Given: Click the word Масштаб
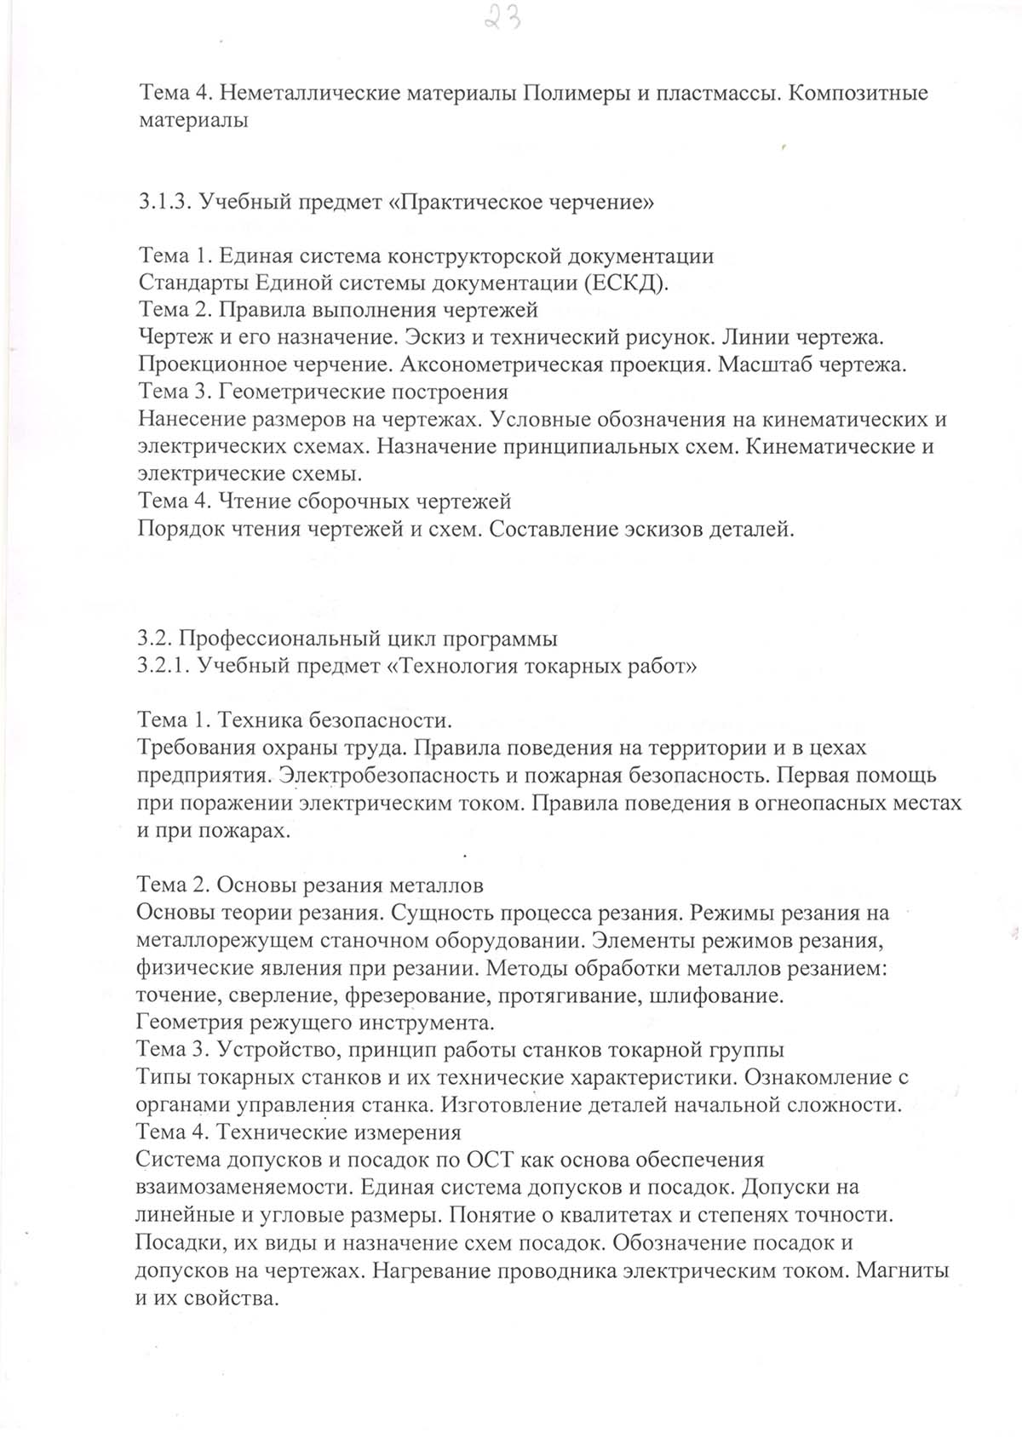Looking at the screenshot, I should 766,365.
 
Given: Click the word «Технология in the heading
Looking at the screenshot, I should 452,666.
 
